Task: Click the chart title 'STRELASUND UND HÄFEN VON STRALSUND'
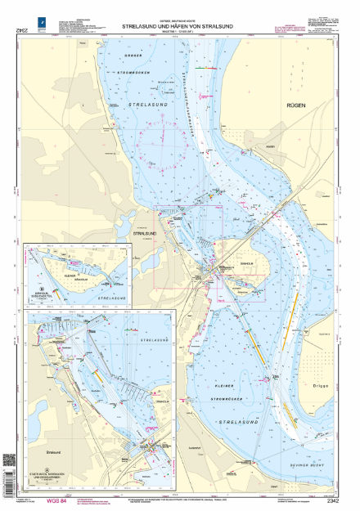pos(180,26)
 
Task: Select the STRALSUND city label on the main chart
pos(146,233)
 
